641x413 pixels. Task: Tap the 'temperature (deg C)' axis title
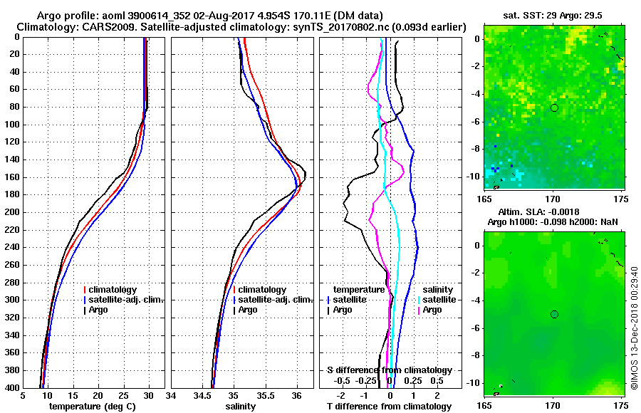click(x=92, y=406)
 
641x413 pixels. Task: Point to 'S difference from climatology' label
click(x=389, y=370)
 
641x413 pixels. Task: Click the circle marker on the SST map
click(x=554, y=108)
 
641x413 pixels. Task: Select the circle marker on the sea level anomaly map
click(x=554, y=314)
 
